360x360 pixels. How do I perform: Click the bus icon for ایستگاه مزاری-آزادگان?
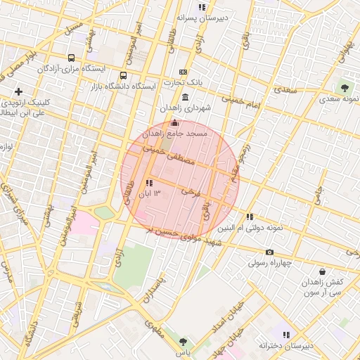coord(71,58)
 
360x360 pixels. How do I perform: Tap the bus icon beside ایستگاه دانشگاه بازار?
coord(124,76)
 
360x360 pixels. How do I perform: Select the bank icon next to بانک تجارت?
coord(184,72)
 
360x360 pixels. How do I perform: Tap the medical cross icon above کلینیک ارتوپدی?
coord(18,91)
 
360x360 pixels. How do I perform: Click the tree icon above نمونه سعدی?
coord(345,87)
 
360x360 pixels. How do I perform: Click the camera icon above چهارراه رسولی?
coord(269,252)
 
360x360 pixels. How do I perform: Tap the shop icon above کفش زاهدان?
coord(322,271)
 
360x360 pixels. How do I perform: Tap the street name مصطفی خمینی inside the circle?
coord(168,155)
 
